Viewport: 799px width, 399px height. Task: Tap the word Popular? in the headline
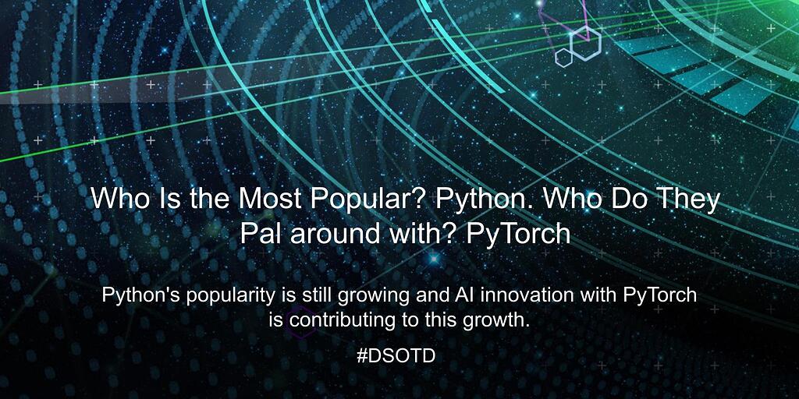coord(365,199)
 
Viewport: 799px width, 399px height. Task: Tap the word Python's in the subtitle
coord(137,296)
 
